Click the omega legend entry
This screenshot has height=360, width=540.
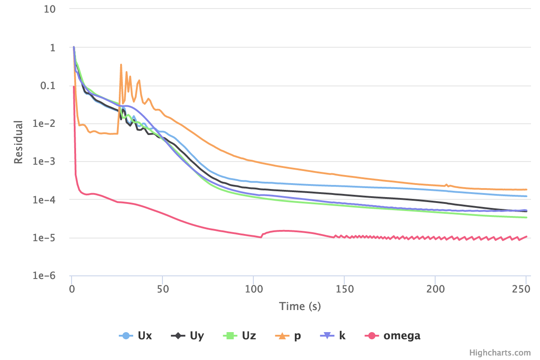pos(394,336)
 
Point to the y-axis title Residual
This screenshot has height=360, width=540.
pos(18,142)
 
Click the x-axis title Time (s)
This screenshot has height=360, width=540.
pos(300,306)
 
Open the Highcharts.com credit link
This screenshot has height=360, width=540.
pos(500,353)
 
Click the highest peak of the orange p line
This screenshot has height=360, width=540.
pos(121,64)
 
